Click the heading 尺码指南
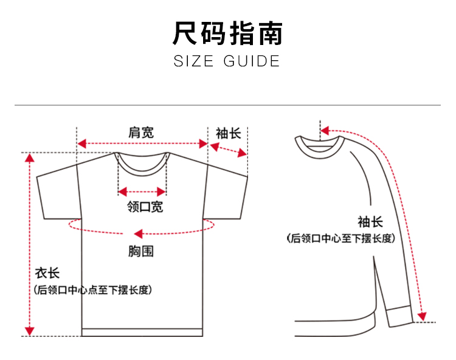[227, 33]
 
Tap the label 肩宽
[141, 132]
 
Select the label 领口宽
[145, 207]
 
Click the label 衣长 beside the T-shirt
[47, 274]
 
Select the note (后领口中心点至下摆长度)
[92, 290]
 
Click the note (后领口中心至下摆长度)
[341, 238]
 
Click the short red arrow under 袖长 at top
[228, 150]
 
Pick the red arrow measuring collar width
[142, 190]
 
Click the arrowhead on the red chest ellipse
[138, 233]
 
